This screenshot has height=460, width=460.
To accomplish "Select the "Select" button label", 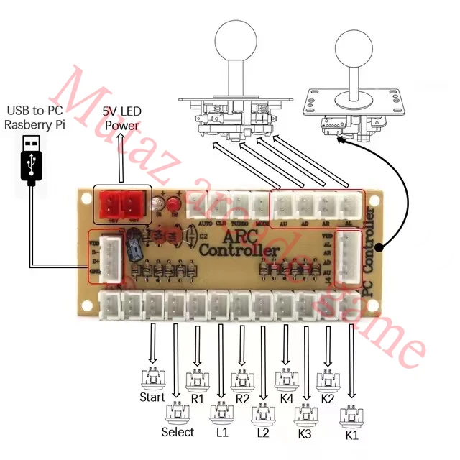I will pyautogui.click(x=178, y=432).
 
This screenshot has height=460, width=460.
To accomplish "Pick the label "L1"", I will pyautogui.click(x=221, y=432).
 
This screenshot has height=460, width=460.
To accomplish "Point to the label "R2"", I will pyautogui.click(x=242, y=397).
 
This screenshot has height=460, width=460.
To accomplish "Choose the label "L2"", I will pyautogui.click(x=262, y=433).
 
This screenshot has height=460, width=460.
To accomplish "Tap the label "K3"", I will pyautogui.click(x=305, y=433).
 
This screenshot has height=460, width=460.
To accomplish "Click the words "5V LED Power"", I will pyautogui.click(x=121, y=119).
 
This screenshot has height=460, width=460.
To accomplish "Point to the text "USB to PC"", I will pyautogui.click(x=34, y=110).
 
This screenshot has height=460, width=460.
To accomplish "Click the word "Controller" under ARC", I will pyautogui.click(x=239, y=250).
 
